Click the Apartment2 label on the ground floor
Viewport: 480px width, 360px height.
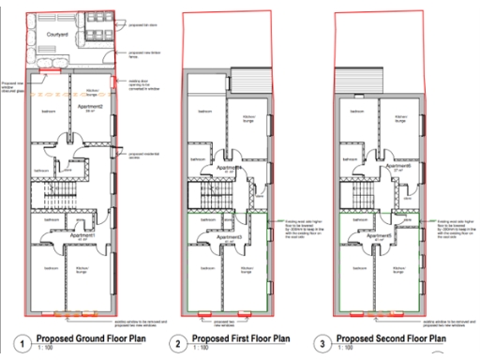click(89, 109)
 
